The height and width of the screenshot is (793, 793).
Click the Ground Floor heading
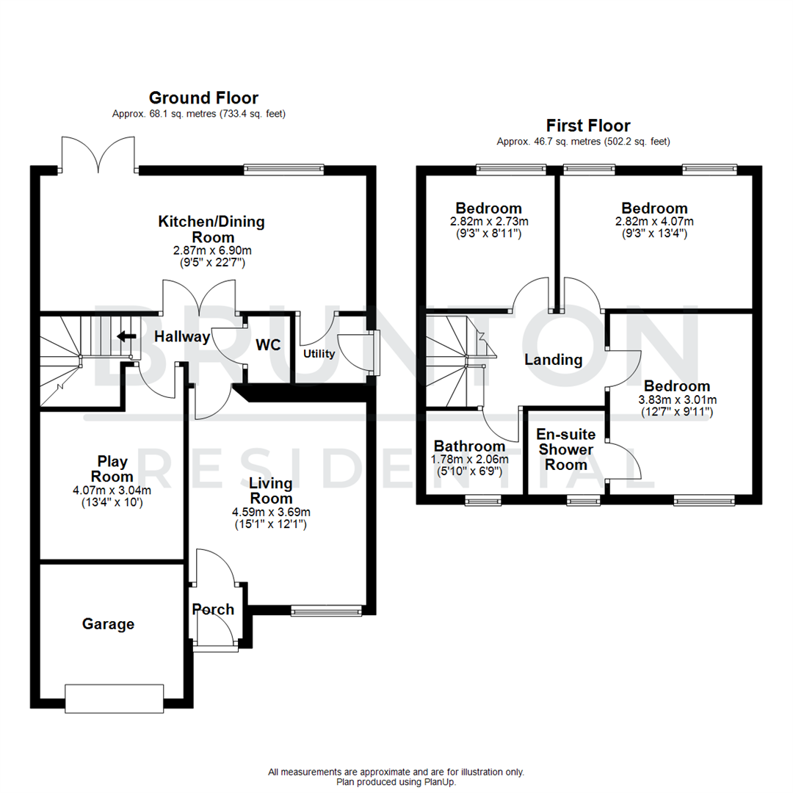(203, 98)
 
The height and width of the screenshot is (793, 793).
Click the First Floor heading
(587, 126)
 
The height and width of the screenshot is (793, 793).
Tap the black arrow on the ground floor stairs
(127, 337)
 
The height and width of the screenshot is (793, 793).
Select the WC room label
(268, 345)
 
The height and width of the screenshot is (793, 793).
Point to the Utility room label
(319, 354)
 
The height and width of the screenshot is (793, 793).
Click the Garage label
(108, 624)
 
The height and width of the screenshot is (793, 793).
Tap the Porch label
(213, 609)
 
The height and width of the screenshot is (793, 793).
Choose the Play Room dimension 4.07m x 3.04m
(112, 491)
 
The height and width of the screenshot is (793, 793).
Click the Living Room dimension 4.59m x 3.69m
(270, 512)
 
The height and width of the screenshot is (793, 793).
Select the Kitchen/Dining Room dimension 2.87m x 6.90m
(213, 251)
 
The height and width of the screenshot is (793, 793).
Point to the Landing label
(553, 360)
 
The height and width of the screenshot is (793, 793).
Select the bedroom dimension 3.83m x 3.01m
(677, 399)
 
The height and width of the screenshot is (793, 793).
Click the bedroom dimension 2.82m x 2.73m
(488, 221)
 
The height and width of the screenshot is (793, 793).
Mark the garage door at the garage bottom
(114, 698)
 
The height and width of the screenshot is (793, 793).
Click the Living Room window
(326, 610)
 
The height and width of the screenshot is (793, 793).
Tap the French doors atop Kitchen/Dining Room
(98, 155)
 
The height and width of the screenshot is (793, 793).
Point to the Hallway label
(182, 337)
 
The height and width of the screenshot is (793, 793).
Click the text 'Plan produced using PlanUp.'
(396, 782)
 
